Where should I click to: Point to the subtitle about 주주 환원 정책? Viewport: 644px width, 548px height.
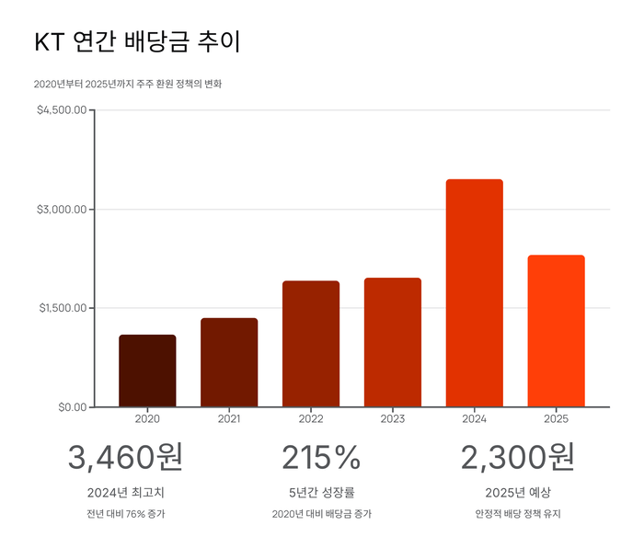pos(127,84)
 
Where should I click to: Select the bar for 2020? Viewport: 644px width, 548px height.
pos(147,371)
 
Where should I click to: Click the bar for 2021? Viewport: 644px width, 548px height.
pos(229,362)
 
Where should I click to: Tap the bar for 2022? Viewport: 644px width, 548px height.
pos(311,344)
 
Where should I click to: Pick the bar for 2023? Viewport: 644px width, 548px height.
pos(393,342)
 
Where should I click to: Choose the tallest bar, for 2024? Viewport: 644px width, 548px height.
pos(475,292)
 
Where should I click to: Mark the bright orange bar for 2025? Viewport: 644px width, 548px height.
pos(556,331)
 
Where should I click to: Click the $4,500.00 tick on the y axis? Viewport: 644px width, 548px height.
pos(62,110)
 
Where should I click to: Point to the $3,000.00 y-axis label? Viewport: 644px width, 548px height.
pos(62,210)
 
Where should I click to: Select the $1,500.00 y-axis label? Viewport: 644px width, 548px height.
pos(62,308)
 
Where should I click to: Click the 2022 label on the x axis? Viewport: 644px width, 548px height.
pos(311,419)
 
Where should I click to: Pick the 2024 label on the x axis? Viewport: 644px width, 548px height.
pos(475,419)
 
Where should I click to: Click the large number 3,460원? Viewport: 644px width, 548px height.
pos(125,457)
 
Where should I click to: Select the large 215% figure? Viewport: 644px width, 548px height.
pos(321,457)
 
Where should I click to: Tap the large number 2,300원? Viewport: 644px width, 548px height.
pos(517,457)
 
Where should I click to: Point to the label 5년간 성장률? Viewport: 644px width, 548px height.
pos(321,493)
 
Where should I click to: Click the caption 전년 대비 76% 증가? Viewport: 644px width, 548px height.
pos(125,514)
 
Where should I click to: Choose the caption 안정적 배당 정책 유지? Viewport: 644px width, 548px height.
pos(517,514)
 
